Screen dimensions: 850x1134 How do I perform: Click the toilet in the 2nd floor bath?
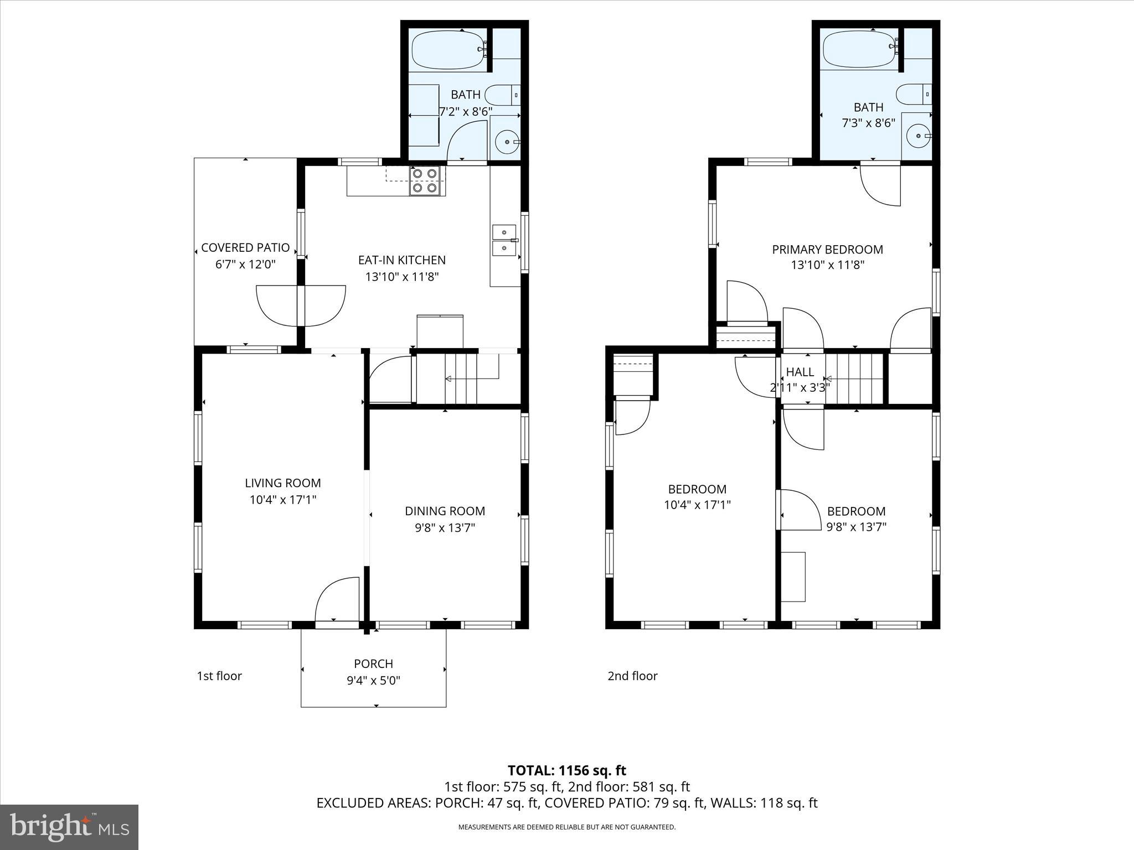(912, 94)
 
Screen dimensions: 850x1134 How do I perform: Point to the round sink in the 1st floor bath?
(506, 142)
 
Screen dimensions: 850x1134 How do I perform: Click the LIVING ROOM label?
(283, 483)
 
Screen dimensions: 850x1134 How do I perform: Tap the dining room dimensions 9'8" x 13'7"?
(445, 528)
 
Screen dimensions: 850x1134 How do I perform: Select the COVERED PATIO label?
(245, 247)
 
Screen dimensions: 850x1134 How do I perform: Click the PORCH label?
(373, 664)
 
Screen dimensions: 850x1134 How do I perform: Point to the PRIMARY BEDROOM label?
(827, 250)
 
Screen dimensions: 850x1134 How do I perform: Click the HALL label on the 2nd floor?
(800, 372)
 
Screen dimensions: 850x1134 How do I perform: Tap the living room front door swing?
(337, 600)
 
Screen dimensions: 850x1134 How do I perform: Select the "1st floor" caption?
(219, 676)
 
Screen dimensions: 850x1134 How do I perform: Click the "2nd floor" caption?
(632, 676)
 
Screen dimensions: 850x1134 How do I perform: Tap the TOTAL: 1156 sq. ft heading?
(566, 770)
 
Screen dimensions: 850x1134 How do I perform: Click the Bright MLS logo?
(69, 827)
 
